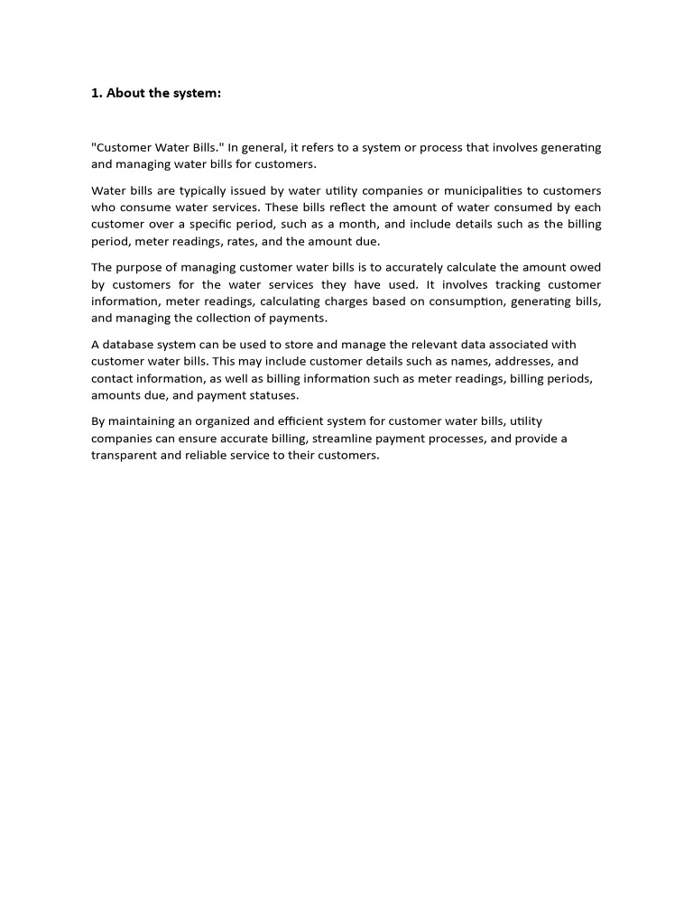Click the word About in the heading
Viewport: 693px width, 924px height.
[126, 93]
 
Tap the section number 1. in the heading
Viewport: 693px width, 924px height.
[97, 93]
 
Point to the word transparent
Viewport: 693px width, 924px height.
[125, 456]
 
